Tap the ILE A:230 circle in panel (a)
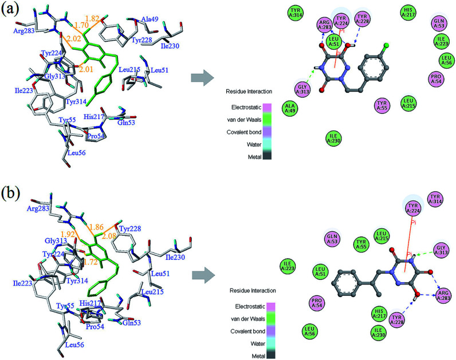pyautogui.click(x=333, y=138)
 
